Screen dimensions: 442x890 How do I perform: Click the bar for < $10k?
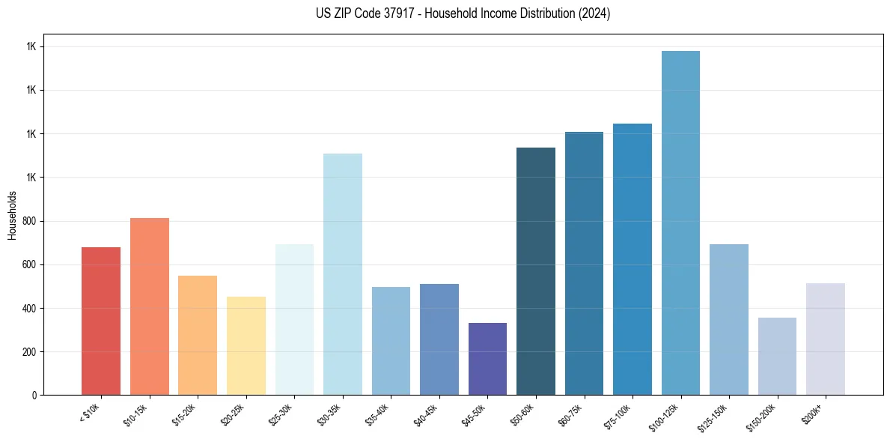click(101, 321)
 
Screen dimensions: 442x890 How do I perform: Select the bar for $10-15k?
click(149, 306)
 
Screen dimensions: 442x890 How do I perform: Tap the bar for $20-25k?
click(246, 345)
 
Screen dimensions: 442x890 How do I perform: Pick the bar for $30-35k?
click(342, 274)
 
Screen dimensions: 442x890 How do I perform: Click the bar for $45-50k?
click(487, 359)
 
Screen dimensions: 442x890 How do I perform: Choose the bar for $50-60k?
click(536, 271)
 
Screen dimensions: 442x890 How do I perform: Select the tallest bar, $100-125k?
click(680, 222)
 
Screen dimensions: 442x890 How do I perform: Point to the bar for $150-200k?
click(777, 356)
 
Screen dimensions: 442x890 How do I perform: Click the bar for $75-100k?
click(633, 259)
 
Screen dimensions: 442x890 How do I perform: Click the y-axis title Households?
click(12, 214)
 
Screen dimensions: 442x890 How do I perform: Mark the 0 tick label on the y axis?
click(34, 395)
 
